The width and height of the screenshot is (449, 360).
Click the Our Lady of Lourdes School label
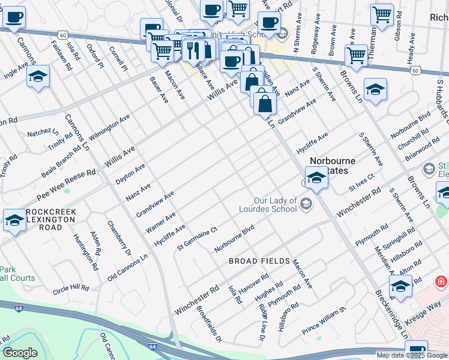pos(276,205)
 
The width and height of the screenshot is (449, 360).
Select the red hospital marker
pos(441,281)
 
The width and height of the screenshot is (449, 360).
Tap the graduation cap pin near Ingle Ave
pos(38,77)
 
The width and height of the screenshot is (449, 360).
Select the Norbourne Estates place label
pos(333,166)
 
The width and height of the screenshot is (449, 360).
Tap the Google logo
pos(20,353)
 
